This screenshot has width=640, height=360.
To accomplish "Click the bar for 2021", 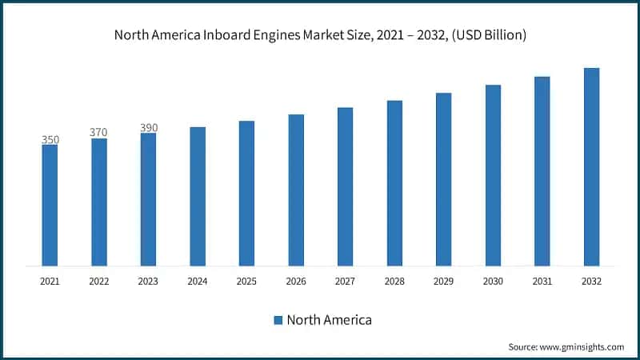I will (50, 205).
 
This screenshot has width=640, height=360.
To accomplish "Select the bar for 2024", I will (198, 196).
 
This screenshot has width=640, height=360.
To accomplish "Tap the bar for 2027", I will (345, 186).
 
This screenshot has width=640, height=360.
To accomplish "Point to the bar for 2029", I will (444, 179).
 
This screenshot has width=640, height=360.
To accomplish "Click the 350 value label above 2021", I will (50, 140).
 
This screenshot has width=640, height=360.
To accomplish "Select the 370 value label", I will (99, 132).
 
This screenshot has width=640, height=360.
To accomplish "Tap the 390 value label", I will (148, 127).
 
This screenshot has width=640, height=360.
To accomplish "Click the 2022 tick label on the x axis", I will (99, 282).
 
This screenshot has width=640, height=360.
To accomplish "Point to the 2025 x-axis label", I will (246, 282).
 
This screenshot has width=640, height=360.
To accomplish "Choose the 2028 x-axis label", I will (394, 282).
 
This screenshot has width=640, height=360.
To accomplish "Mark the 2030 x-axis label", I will (493, 282).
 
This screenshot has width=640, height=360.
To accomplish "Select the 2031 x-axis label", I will (542, 282).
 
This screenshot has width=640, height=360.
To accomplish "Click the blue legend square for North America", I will (278, 320).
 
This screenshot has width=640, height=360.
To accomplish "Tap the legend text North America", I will (329, 320).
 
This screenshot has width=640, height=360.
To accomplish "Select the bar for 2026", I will (296, 190).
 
